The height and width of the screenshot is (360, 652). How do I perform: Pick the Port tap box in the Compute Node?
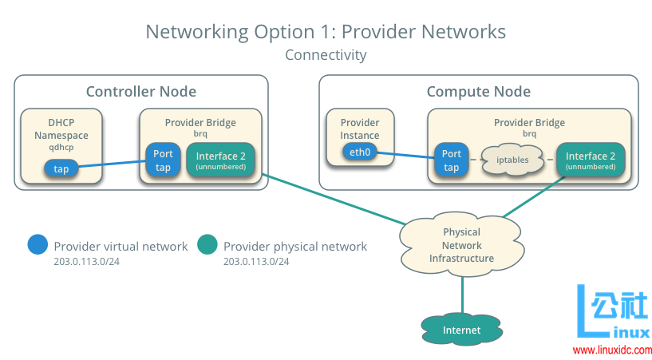[x=452, y=160]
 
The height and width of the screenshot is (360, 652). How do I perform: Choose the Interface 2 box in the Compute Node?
[x=590, y=160]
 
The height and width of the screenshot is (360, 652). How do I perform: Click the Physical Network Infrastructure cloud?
[x=462, y=246]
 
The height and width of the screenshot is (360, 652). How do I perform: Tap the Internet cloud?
[x=462, y=330]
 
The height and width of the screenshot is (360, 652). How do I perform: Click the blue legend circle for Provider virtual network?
[x=37, y=245]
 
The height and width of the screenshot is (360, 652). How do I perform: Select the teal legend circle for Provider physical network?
[x=207, y=245]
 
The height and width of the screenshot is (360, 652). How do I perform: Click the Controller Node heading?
[x=140, y=91]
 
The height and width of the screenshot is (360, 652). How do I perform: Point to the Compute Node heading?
[x=478, y=91]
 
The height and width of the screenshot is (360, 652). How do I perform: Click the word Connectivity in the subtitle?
[x=326, y=55]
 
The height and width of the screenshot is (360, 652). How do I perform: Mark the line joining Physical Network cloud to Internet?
[x=462, y=291]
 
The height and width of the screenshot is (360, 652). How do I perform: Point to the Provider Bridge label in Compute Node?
[x=529, y=123]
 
